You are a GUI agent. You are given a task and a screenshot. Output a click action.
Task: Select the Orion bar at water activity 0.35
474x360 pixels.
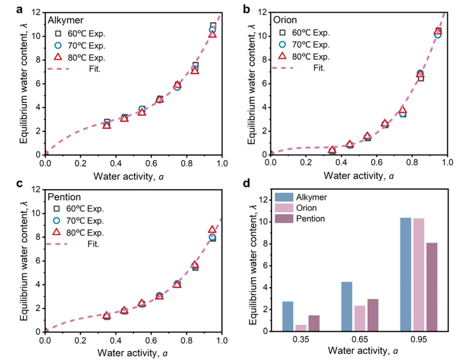(300, 328)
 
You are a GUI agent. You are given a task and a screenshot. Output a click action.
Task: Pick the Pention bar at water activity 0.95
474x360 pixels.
(431, 287)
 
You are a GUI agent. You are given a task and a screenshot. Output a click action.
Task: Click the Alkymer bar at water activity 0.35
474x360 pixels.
(288, 316)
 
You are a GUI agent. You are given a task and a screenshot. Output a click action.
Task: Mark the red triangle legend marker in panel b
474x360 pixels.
(282, 56)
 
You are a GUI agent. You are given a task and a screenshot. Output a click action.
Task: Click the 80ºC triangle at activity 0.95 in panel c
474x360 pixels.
(212, 229)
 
